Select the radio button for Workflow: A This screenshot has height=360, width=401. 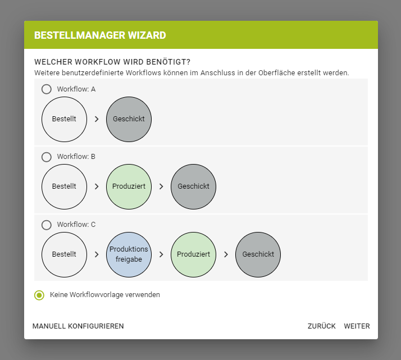click(47, 89)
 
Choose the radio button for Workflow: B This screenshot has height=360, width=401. click(47, 157)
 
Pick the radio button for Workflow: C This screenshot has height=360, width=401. click(47, 225)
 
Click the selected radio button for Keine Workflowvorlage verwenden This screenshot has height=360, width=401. click(39, 295)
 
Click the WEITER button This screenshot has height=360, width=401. click(357, 326)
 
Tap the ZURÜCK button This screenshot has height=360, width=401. click(321, 326)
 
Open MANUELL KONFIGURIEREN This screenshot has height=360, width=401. click(78, 326)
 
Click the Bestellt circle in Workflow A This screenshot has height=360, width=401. click(64, 119)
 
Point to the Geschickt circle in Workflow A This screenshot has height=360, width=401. click(129, 119)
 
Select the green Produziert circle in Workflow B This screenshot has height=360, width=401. click(129, 186)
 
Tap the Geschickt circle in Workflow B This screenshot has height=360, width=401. click(193, 186)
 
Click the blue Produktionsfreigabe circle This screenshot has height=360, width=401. click(129, 254)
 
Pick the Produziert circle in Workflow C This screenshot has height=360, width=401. click(193, 254)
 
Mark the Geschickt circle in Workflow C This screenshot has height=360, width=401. click(258, 254)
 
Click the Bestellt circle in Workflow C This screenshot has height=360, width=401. click(64, 254)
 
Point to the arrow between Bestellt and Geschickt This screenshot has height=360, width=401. click(97, 119)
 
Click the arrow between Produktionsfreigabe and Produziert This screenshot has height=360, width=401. click(161, 254)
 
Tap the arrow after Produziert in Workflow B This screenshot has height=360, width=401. click(161, 186)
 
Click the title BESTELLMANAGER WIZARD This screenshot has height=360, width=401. click(100, 35)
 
